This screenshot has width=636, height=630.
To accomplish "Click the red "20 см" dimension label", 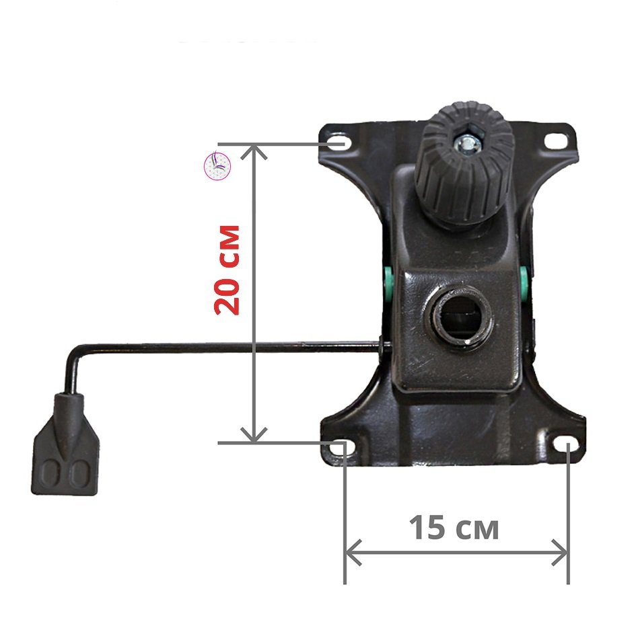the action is tap(227, 270).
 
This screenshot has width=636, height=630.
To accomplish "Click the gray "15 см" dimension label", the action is tap(454, 528).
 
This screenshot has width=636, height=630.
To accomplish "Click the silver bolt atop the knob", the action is tap(468, 142).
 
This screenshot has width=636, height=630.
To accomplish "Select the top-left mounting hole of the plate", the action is tap(339, 143).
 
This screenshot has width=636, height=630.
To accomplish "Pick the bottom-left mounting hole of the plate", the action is tap(341, 447).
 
